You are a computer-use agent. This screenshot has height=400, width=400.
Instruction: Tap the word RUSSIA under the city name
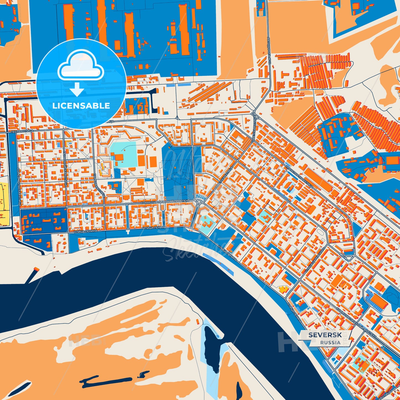coord(330,342)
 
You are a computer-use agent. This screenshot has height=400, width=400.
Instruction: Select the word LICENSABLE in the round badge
coord(81,105)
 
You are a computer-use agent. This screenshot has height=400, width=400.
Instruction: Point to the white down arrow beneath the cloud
coord(77,89)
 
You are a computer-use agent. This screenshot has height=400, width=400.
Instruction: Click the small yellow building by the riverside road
coord(283,290)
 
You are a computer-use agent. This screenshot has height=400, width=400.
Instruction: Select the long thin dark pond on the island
coord(107,381)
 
